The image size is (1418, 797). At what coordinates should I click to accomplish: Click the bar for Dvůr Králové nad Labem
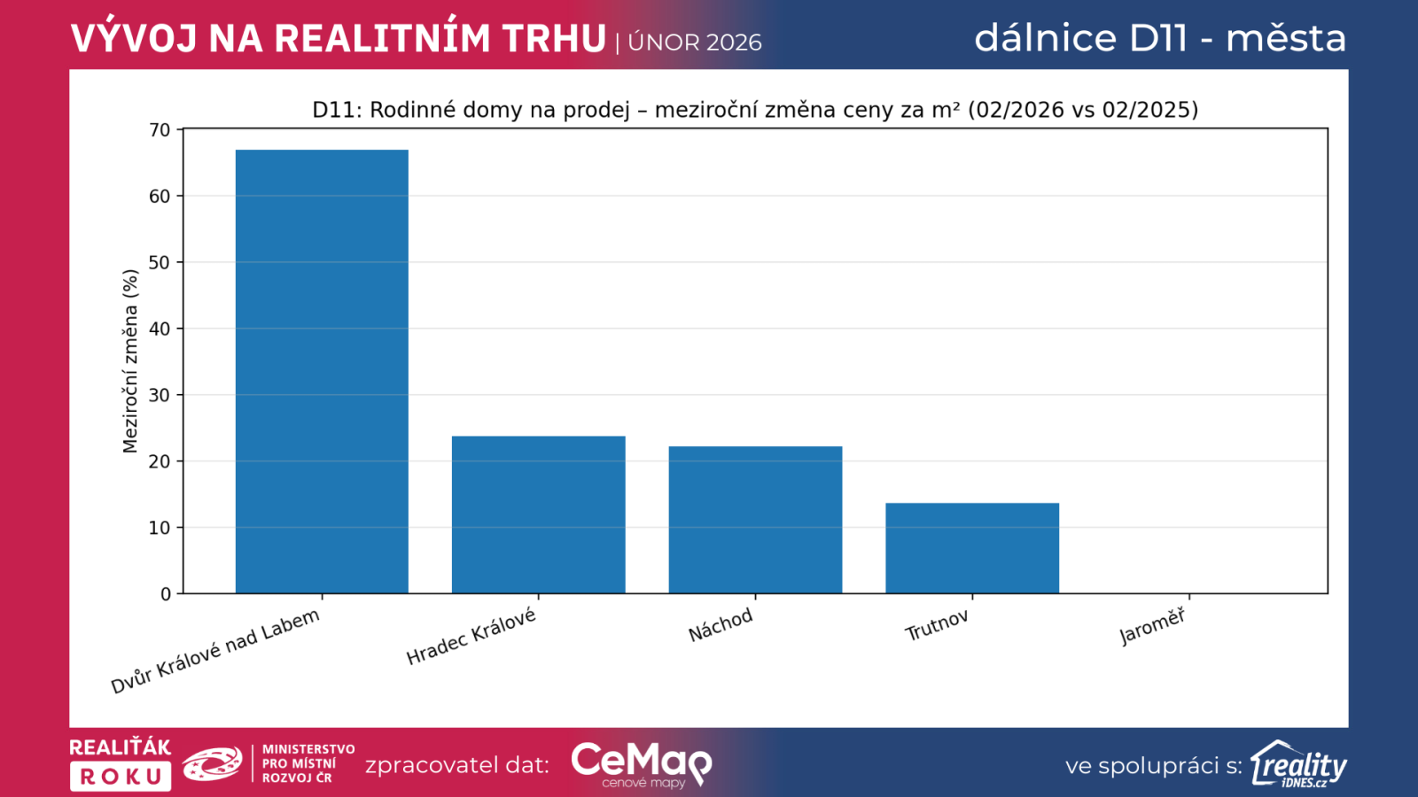[x=322, y=372]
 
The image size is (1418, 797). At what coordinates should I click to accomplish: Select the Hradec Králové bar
[x=538, y=515]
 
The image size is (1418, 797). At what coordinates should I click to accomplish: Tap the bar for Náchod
[x=755, y=520]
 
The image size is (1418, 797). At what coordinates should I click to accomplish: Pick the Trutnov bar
[x=972, y=548]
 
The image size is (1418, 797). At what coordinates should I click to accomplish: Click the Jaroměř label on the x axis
[x=1152, y=626]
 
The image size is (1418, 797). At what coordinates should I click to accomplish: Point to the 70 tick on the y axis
[x=160, y=130]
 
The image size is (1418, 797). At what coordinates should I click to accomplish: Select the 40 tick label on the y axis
[x=160, y=329]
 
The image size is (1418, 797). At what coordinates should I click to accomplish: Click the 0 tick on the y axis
[x=166, y=594]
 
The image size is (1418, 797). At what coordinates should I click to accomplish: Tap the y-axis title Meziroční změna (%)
[x=130, y=361]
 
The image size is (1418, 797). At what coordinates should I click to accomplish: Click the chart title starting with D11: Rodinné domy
[x=755, y=110]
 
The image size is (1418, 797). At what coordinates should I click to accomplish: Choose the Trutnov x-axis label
[x=937, y=626]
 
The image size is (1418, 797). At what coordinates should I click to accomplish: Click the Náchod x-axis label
[x=721, y=625]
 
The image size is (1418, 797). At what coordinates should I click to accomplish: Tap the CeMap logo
[x=642, y=763]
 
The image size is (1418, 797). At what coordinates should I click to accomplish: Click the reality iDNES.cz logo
[x=1299, y=764]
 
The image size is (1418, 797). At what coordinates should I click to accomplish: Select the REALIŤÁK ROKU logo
[x=121, y=763]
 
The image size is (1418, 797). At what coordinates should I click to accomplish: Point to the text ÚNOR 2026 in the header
[x=695, y=43]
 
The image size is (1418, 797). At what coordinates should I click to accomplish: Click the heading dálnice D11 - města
[x=1160, y=38]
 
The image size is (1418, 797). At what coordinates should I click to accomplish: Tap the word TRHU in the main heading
[x=554, y=39]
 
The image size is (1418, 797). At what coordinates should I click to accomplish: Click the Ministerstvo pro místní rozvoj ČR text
[x=308, y=763]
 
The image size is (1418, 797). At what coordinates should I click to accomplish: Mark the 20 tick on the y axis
[x=160, y=461]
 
